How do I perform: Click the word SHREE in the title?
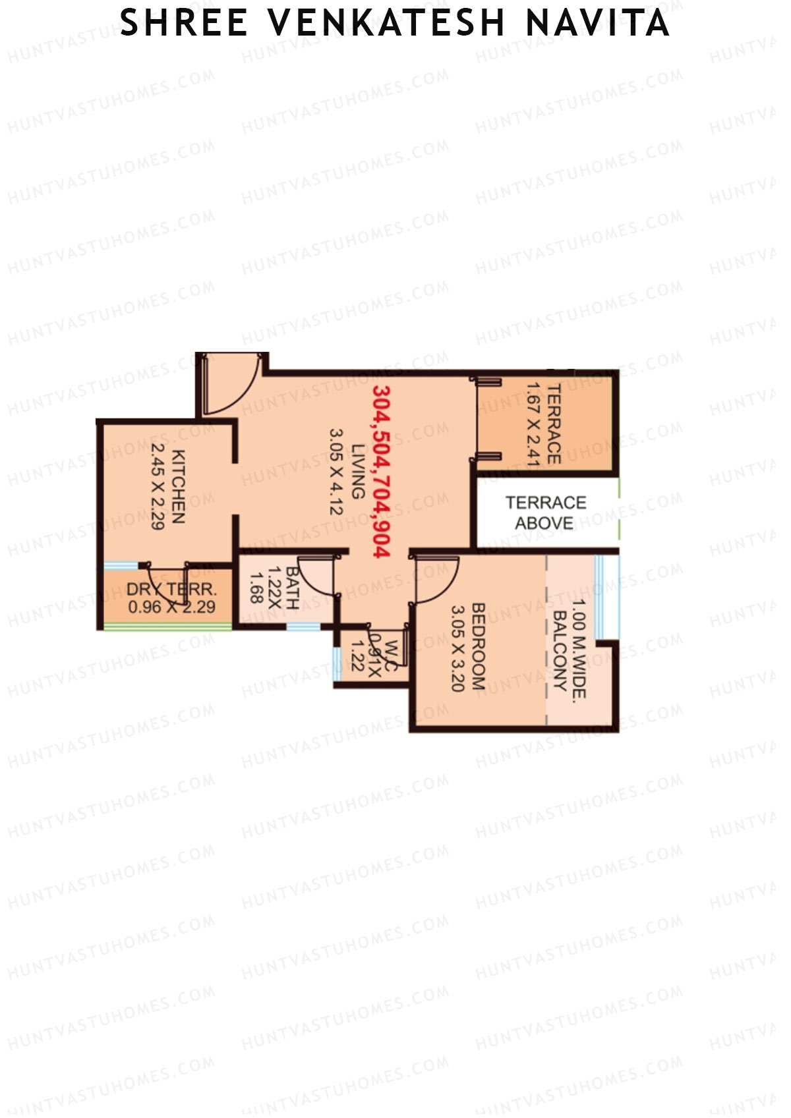(x=184, y=24)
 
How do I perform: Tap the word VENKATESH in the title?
(x=386, y=24)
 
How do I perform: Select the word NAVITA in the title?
(x=597, y=24)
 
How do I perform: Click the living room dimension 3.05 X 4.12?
(x=337, y=471)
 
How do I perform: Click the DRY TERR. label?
(x=171, y=589)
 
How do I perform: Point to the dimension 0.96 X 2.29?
(x=171, y=607)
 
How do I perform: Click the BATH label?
(x=292, y=588)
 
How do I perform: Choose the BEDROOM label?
(x=479, y=646)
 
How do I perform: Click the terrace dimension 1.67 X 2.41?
(x=533, y=425)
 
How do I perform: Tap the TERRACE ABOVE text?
(x=545, y=513)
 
